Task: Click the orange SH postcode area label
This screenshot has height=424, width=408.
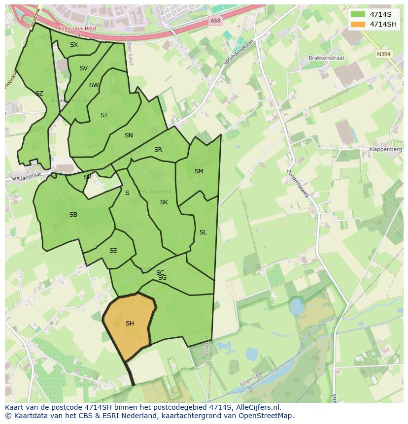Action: (130, 324)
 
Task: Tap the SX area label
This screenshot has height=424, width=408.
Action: (74, 45)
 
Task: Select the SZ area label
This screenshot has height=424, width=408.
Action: (39, 94)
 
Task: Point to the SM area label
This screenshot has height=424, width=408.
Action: (199, 171)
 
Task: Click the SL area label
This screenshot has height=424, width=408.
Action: (203, 232)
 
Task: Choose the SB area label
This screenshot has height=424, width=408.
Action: (73, 215)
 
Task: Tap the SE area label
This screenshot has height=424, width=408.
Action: (113, 251)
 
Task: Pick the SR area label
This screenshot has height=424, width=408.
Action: (158, 150)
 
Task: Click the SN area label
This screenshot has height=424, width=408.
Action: (129, 135)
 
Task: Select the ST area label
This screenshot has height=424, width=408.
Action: (104, 115)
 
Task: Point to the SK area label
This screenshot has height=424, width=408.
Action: (164, 202)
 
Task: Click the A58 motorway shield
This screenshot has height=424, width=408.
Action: (215, 21)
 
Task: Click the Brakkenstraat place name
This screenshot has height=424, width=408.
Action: (326, 58)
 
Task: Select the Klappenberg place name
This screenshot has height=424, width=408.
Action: (386, 151)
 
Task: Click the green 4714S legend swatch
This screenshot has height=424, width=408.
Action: (358, 15)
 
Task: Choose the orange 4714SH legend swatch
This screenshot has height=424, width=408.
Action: (358, 24)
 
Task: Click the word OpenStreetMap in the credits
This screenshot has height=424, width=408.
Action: (266, 416)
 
